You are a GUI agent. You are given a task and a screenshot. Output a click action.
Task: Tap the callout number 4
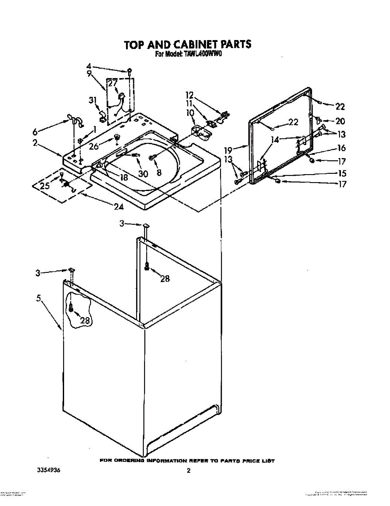[x=89, y=66]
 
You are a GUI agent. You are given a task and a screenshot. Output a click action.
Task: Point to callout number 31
[x=93, y=100]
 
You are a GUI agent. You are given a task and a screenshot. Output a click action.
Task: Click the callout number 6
[x=35, y=132]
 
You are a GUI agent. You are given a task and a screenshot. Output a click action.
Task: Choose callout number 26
[x=94, y=147]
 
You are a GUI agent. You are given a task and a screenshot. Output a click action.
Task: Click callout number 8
[x=159, y=172]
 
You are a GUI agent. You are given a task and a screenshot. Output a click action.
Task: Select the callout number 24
[x=119, y=207]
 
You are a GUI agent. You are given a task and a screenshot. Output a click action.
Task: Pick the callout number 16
[x=341, y=148]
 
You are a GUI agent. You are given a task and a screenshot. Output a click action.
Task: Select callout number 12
[x=189, y=95]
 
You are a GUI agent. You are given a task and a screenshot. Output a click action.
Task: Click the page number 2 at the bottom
[x=189, y=471]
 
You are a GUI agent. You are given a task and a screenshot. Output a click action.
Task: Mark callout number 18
[x=124, y=178]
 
